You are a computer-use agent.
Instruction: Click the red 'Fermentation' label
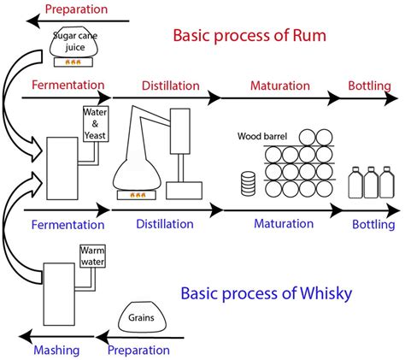click(x=67, y=86)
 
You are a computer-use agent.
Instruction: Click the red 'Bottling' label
click(x=369, y=86)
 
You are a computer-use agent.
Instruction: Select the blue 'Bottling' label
click(x=373, y=225)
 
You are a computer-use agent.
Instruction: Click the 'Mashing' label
click(x=56, y=350)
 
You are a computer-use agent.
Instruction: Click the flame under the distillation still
click(x=138, y=195)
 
